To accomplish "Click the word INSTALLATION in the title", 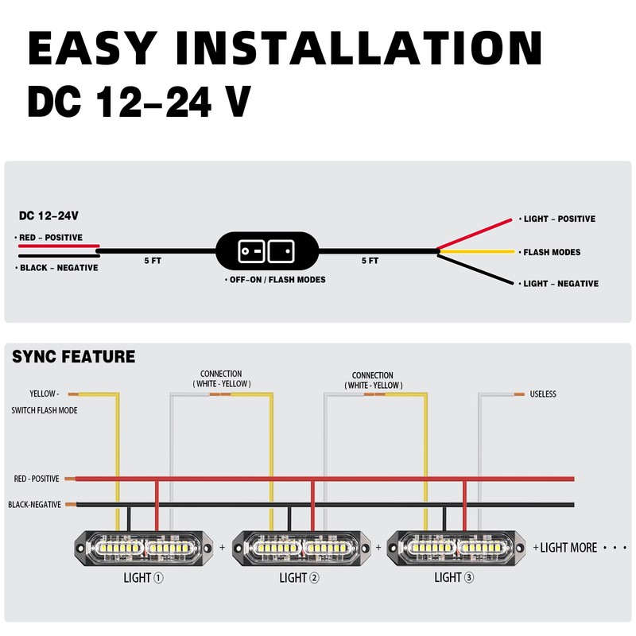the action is coord(360,49).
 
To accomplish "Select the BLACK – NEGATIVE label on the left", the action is coord(59,268).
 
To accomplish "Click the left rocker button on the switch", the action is coord(250,252).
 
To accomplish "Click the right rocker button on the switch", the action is coord(281,252).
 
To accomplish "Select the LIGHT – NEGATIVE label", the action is coord(560,284).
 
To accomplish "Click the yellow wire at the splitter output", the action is coord(477,252).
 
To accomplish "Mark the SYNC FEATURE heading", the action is coord(73,357).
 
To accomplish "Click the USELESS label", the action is coord(542,394).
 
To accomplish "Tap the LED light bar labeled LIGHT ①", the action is coord(143,548).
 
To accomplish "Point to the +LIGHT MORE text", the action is coord(568,548).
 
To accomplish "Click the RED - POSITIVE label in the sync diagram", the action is coord(37,479).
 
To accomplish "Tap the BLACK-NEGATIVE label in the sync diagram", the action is coord(34,505).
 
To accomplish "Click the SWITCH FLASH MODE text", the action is coord(45,411).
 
